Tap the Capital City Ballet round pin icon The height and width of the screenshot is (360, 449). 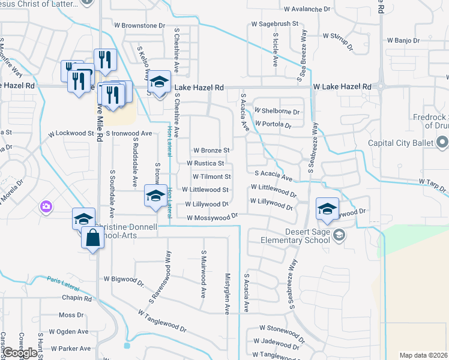(x=443, y=143)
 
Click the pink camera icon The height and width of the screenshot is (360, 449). (x=46, y=207)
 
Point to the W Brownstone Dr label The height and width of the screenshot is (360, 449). (x=140, y=26)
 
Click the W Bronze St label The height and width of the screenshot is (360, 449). (x=211, y=150)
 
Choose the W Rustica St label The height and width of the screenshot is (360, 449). (x=205, y=163)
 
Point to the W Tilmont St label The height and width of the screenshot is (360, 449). (x=211, y=177)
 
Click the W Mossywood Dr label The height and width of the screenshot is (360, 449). (x=212, y=218)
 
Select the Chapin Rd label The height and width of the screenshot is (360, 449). (x=76, y=298)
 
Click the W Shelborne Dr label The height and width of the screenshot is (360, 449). (x=277, y=111)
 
